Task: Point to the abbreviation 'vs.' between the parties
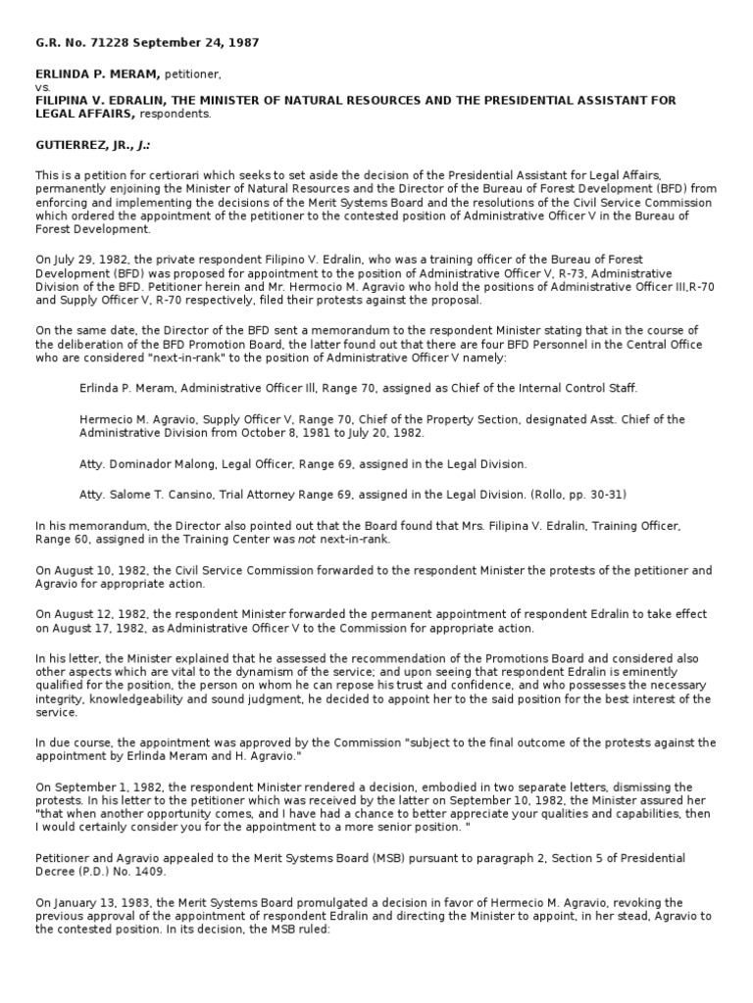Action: click(x=43, y=86)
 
